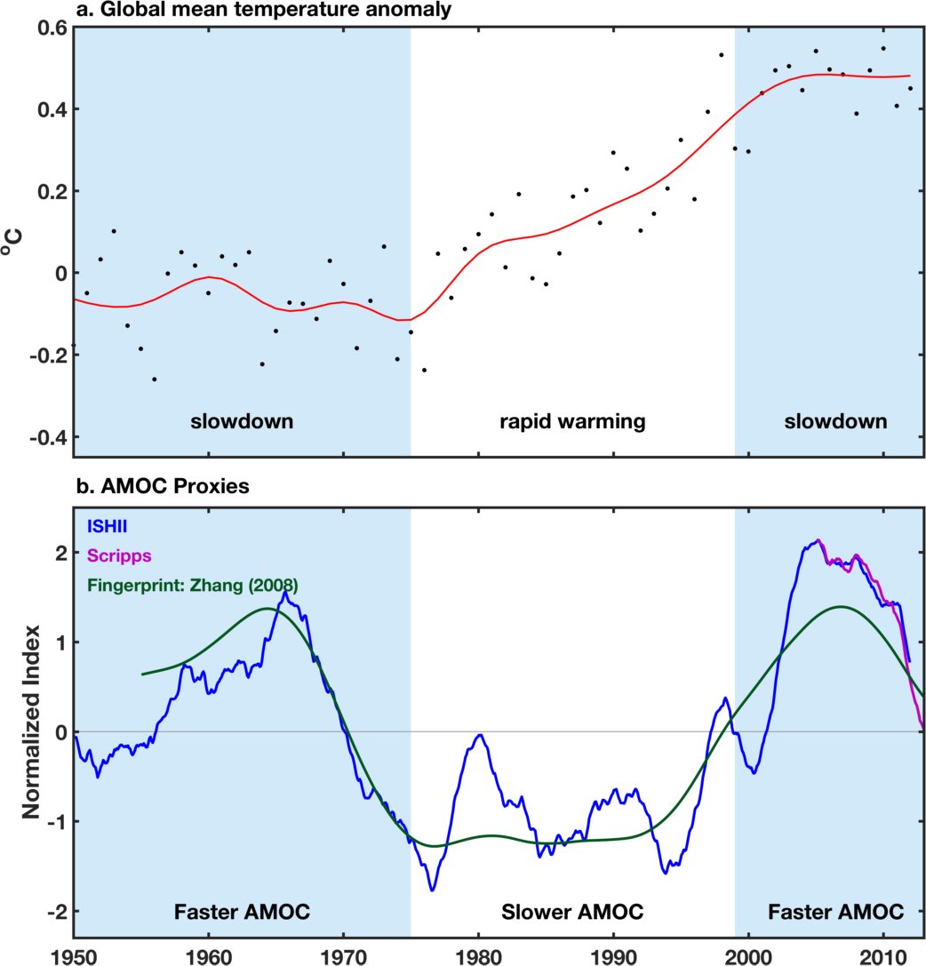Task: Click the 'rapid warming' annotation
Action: (571, 421)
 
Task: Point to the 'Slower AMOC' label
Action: (571, 912)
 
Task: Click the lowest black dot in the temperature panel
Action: (154, 379)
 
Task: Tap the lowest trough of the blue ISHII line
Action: (433, 890)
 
